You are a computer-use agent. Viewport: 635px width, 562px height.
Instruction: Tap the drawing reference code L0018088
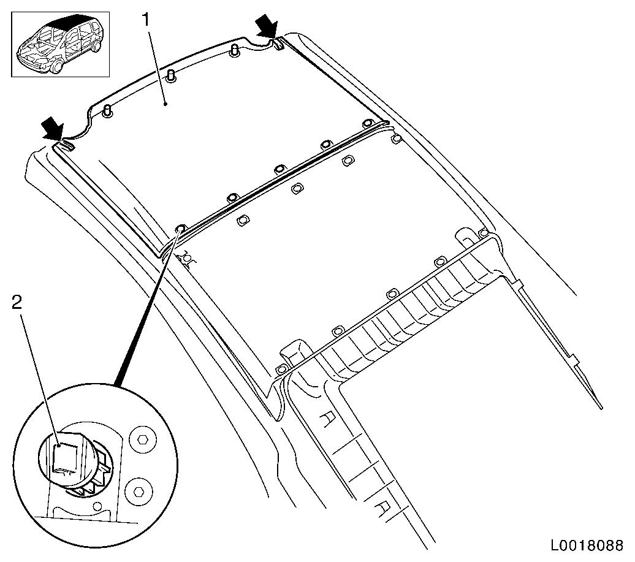coord(587,545)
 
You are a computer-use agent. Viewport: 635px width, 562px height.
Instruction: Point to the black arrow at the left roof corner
coord(53,128)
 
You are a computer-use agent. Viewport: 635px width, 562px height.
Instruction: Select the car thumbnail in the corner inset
coord(60,44)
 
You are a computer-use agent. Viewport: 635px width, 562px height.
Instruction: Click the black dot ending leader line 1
coord(165,104)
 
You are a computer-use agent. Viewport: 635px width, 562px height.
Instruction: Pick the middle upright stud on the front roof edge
coord(171,76)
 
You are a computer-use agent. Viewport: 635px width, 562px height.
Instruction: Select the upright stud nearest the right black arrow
coord(234,51)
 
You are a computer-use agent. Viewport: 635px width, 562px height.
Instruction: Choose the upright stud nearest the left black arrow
coord(108,111)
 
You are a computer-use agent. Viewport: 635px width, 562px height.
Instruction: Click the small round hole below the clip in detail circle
coord(97,506)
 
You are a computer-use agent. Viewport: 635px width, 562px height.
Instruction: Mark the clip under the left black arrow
coord(67,145)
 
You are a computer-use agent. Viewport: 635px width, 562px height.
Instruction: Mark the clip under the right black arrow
coord(278,43)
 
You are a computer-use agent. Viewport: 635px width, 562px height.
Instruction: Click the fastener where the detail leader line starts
coord(181,229)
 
